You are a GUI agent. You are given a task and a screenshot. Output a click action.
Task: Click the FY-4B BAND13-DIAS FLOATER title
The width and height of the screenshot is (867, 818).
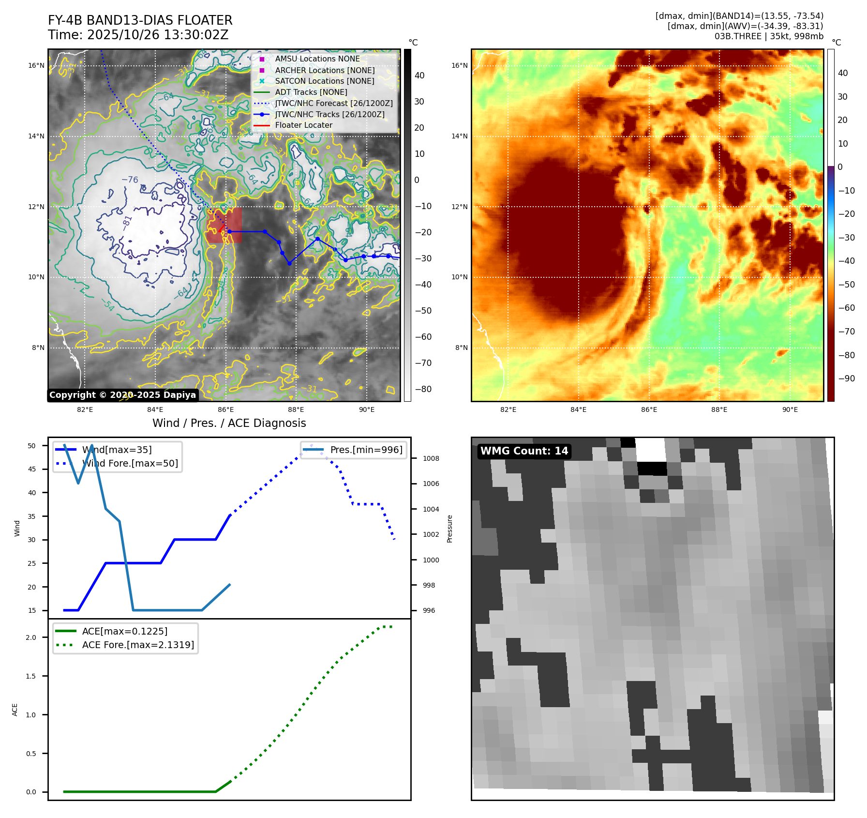tap(140, 20)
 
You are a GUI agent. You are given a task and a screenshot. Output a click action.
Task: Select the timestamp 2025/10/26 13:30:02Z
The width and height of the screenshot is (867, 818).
tap(157, 35)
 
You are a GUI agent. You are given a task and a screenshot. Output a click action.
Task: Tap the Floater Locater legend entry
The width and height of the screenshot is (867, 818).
tap(303, 125)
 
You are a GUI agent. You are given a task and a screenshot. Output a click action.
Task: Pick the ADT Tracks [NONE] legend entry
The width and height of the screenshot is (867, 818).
tap(311, 92)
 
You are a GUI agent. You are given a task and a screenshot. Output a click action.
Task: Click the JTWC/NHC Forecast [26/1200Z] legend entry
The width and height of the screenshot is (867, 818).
tap(333, 103)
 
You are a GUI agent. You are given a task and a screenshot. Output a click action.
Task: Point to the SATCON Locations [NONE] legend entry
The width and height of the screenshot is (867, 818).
tap(325, 81)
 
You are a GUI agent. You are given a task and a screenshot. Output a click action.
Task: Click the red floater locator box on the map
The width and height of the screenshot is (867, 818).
tap(224, 225)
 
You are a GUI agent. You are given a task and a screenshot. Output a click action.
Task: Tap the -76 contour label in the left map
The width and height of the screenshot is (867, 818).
tap(130, 180)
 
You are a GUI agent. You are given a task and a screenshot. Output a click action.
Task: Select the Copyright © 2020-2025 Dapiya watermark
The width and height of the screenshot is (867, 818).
tap(122, 395)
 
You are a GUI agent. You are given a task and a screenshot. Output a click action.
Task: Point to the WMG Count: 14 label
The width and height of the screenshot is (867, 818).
tap(524, 451)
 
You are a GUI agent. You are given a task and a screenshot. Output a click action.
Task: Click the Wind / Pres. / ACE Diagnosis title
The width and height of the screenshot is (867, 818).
tap(229, 423)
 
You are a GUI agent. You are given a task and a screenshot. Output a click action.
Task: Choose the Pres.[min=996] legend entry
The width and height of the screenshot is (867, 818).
tap(366, 450)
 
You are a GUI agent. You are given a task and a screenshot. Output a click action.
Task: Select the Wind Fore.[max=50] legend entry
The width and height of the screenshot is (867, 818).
tap(130, 463)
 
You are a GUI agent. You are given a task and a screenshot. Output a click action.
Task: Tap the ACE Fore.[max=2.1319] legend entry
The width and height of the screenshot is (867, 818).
tap(138, 645)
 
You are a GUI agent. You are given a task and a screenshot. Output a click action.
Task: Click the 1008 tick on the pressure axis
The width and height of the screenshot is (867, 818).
tap(431, 458)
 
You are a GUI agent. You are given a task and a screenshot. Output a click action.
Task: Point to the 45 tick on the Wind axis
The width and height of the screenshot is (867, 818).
tap(32, 469)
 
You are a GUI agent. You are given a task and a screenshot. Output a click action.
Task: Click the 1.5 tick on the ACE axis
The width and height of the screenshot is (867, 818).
tap(31, 676)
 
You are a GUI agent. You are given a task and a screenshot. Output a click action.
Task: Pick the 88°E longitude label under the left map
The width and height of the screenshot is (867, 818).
tap(296, 409)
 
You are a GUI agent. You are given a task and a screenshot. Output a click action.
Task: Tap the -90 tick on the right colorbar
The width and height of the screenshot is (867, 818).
tap(846, 379)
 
